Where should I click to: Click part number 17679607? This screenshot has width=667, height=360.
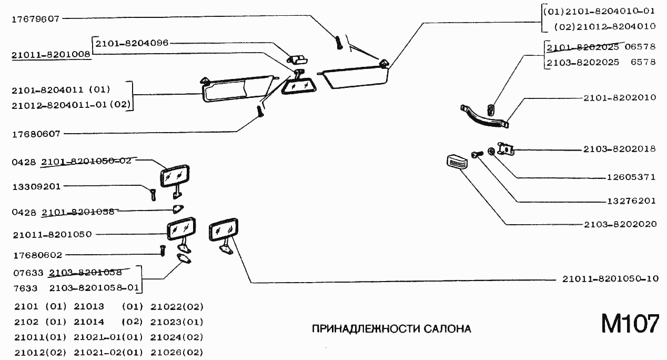35,18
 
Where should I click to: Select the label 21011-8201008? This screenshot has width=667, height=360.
51,54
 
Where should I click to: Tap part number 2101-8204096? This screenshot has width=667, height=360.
132,43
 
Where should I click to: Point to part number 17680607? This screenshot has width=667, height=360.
35,134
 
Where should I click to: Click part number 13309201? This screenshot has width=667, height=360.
37,186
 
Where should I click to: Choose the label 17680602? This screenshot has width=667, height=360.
37,255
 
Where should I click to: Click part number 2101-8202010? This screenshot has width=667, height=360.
619,98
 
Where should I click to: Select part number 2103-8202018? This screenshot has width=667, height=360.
619,149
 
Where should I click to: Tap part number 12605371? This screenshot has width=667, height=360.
631,177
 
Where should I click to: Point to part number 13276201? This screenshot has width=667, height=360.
631,201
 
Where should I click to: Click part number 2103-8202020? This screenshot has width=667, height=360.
620,224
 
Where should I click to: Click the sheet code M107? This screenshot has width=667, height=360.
630,324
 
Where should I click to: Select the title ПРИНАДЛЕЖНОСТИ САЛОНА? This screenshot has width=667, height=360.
391,329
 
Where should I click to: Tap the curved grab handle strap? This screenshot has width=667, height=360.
483,115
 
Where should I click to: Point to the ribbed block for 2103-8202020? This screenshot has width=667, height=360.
456,161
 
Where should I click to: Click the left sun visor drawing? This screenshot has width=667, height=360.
238,88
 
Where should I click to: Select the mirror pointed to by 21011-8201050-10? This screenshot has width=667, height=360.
223,230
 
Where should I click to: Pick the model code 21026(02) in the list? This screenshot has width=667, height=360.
177,352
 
